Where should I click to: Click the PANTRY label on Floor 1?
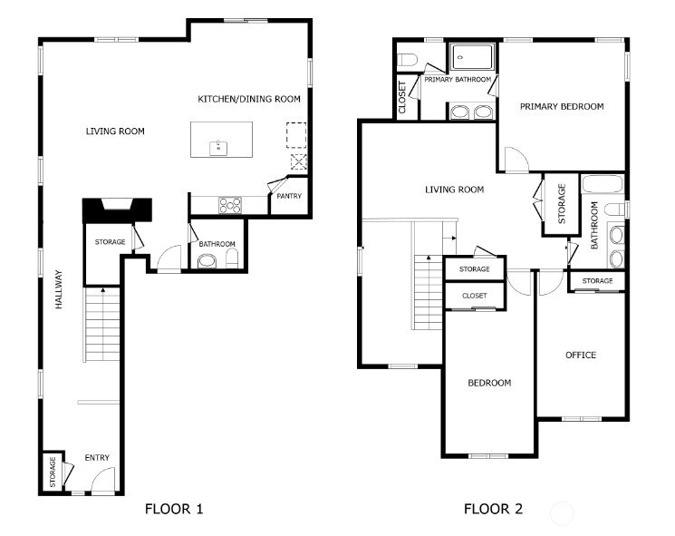coord(289,196)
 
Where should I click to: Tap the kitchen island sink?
coord(218,148)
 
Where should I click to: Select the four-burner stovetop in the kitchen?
coord(230,205)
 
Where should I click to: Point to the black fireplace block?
coord(117,210)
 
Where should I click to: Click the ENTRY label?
coord(97,458)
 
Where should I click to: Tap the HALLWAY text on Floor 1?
coord(59,289)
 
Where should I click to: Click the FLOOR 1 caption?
coord(174,509)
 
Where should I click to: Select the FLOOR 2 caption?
coord(493,509)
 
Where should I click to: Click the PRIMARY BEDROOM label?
coord(562,106)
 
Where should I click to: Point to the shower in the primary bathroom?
coord(472,57)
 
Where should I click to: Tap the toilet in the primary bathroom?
coord(407,60)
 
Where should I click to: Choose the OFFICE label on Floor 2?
coord(581,355)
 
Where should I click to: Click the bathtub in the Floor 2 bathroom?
coord(603,184)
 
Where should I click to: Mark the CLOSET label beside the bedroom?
coord(475,296)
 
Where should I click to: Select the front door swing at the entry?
coord(103,478)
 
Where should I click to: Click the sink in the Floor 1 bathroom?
coord(207,261)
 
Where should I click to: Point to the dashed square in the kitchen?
coord(296,135)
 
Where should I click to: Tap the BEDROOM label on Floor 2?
coord(489,383)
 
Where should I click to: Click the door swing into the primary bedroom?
coord(516,160)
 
